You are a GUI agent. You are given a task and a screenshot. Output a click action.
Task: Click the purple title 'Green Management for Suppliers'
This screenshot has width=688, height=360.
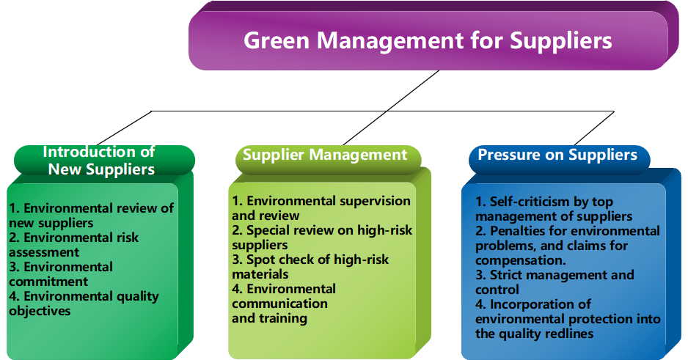point(428,41)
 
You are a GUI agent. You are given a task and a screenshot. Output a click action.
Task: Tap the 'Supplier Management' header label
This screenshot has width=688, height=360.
point(325,155)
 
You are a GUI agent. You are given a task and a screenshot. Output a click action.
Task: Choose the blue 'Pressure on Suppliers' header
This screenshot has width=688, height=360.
point(557,155)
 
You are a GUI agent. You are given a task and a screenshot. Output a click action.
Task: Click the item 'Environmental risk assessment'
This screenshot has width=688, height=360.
point(73,245)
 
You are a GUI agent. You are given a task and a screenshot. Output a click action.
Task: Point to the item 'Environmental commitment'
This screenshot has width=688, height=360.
point(61,274)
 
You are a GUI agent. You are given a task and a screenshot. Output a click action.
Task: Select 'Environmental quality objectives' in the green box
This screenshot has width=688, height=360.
point(84,304)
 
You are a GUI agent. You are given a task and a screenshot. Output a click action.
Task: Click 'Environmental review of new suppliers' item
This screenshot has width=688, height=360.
point(91,216)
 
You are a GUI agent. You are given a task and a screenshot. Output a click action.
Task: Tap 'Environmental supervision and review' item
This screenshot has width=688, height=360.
point(321,207)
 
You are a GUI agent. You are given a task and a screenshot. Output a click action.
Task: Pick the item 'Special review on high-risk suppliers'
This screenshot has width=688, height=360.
point(322,238)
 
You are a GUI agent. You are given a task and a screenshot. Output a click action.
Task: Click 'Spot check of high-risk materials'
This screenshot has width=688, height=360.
point(310,267)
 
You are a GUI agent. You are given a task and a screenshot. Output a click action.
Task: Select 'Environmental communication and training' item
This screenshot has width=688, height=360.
point(284,304)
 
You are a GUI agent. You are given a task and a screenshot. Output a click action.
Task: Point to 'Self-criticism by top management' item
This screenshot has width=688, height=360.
point(554,209)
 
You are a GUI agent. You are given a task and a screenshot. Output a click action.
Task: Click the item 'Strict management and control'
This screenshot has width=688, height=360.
point(555,282)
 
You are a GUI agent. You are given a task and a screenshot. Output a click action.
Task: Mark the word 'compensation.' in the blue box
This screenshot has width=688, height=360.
point(520,260)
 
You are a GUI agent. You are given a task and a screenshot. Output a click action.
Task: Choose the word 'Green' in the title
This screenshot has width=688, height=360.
point(277,41)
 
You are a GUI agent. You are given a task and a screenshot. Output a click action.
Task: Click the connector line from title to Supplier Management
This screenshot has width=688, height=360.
point(391,108)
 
